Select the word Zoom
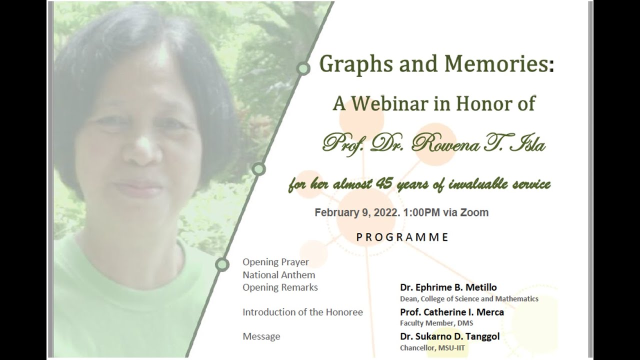[x=474, y=212]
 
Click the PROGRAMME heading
[x=402, y=237]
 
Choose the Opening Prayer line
[x=275, y=262]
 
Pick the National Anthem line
[x=278, y=274]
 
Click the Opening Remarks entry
[x=280, y=287]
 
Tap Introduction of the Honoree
[x=302, y=312]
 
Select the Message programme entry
[x=261, y=336]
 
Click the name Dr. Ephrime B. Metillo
[x=448, y=287]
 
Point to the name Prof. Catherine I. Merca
[x=451, y=312]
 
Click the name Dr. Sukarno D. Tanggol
[x=449, y=336]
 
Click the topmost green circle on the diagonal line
[x=303, y=68]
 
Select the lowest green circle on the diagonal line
[x=221, y=264]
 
